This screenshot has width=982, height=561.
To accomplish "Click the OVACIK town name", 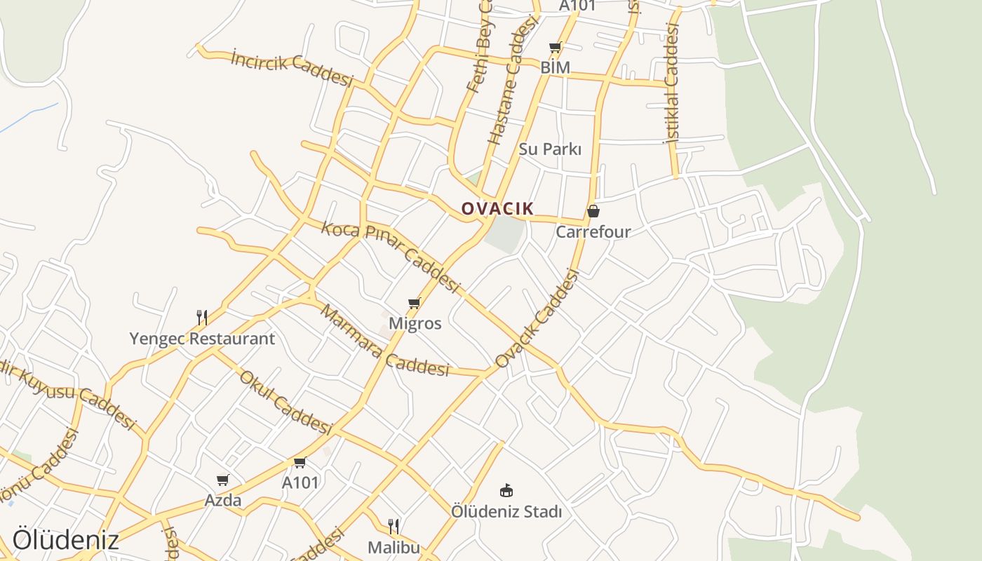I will tap(497, 208).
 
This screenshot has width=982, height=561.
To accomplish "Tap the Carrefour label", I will tap(593, 231).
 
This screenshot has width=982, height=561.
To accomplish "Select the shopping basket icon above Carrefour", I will tap(593, 210).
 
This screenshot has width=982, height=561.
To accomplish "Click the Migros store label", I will tap(415, 323).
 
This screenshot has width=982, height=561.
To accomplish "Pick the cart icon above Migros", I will tap(415, 303).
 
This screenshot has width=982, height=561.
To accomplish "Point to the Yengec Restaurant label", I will tap(202, 339).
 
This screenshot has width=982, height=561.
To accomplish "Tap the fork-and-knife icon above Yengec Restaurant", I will tap(202, 318).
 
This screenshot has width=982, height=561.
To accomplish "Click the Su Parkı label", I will tap(551, 149).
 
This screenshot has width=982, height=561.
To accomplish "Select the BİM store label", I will tap(556, 67).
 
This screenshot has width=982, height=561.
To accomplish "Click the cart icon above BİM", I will tap(556, 48).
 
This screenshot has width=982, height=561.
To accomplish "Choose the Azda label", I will tap(223, 500).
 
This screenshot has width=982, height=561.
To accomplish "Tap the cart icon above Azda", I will tap(223, 480).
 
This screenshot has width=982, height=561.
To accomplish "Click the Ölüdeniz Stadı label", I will tap(506, 512).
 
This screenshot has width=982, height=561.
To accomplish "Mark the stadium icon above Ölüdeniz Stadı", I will tap(506, 490).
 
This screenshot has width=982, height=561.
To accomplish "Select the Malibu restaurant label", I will tap(394, 547).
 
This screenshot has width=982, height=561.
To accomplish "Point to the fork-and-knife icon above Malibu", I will tap(394, 526).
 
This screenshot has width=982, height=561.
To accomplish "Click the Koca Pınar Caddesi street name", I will tap(390, 257).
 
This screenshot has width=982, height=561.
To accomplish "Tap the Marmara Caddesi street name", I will tap(384, 341).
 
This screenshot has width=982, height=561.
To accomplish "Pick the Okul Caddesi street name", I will tap(284, 402).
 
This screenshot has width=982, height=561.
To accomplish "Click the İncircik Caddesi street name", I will tap(292, 68).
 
